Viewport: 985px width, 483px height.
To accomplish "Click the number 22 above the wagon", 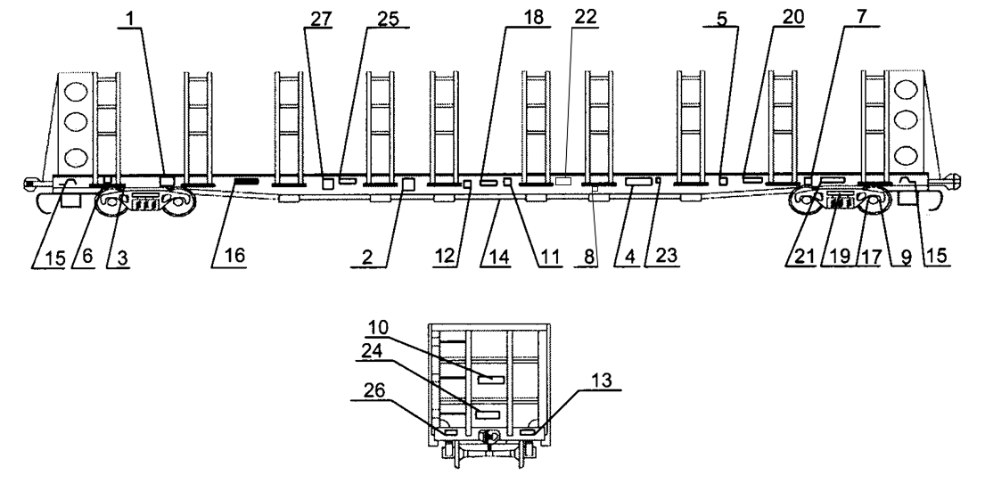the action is click(586, 18).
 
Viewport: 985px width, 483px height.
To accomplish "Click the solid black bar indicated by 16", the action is click(246, 181).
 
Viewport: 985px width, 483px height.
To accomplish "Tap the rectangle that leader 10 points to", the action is click(490, 379).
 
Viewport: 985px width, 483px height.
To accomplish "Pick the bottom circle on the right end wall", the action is click(907, 151).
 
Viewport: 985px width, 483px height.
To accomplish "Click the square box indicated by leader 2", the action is click(409, 184).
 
